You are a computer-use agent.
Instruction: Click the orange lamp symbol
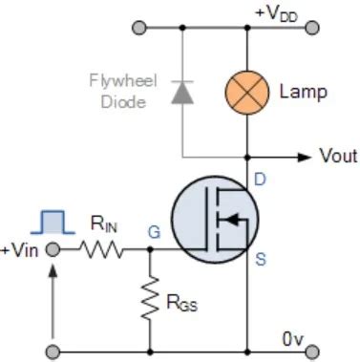coord(247,92)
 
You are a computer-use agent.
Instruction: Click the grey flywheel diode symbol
coord(180,92)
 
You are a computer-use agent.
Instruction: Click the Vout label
coord(338,156)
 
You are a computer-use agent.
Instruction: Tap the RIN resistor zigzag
coord(100,250)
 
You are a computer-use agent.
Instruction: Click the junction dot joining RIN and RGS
coord(151,250)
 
